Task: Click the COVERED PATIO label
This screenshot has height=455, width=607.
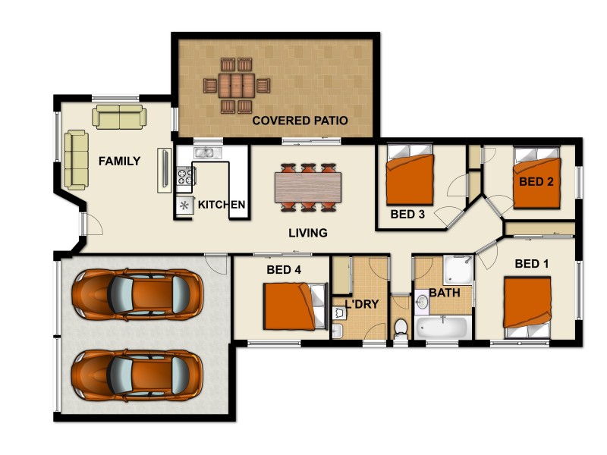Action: coord(300,121)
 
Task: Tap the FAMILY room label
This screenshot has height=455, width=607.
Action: coord(119,161)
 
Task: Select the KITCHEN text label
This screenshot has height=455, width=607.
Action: coord(222,205)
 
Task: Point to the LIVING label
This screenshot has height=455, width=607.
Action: coord(307,233)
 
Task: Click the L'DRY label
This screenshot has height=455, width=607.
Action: coord(362,304)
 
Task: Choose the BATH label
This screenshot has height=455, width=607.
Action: coord(445,292)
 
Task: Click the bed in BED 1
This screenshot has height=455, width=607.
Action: coord(527,307)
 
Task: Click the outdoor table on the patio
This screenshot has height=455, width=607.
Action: coord(237,85)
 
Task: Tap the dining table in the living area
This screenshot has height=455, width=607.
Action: coord(307,187)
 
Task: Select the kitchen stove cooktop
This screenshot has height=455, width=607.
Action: coord(185,177)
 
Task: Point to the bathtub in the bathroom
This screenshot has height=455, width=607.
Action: coord(442,328)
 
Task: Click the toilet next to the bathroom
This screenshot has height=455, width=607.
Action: coord(401,328)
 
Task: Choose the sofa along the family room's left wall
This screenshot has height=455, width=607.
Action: coord(76,159)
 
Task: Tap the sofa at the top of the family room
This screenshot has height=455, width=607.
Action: coord(119,117)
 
